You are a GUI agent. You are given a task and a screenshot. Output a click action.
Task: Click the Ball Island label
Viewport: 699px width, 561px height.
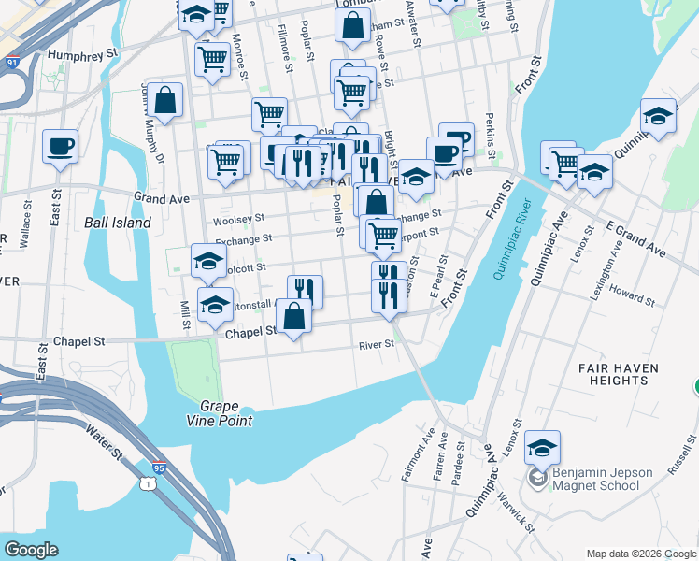118,223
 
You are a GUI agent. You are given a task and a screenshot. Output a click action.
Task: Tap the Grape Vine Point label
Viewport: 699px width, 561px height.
225,414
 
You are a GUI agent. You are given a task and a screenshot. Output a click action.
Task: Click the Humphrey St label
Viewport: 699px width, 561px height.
84,54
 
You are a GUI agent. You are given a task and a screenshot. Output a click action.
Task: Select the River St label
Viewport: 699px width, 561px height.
378,344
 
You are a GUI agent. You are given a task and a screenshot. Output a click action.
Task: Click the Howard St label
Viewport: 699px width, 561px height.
632,295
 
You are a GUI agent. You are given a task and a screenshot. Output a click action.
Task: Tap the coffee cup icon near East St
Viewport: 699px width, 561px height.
61,146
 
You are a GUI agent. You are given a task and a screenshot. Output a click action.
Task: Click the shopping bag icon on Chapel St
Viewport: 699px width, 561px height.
294,315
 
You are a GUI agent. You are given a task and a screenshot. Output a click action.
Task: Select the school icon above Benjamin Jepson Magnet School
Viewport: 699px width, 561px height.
542,446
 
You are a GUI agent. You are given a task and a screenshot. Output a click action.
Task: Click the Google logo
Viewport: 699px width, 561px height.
31,550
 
